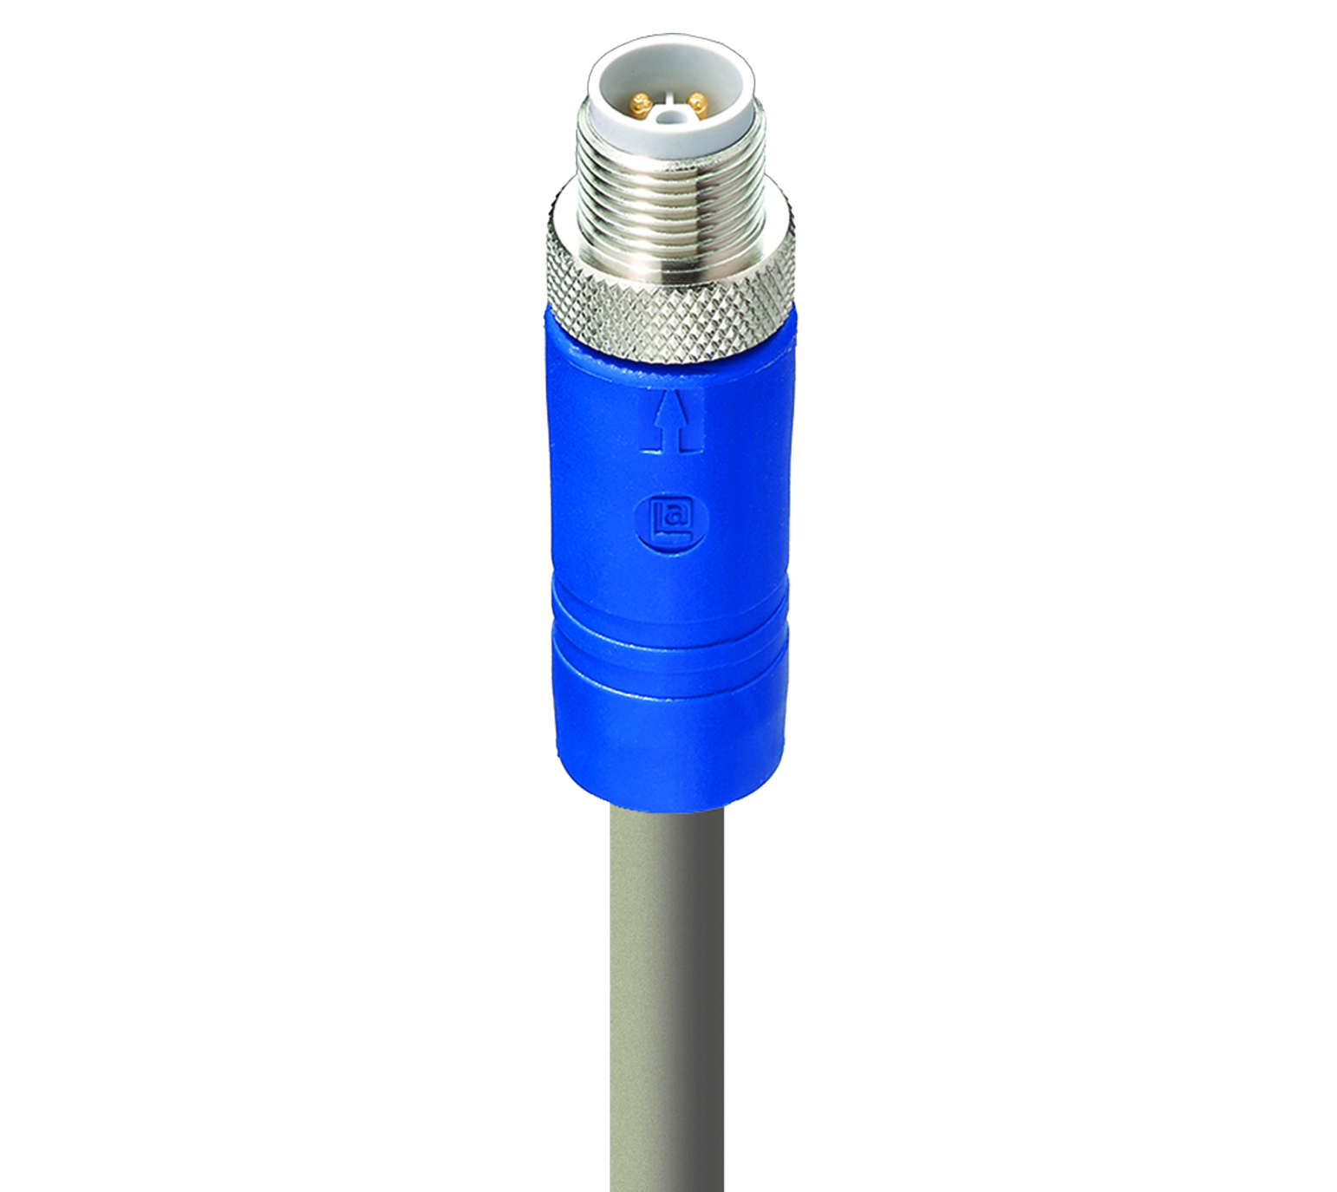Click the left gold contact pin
coord(641,107)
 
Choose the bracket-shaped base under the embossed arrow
coord(670,444)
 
